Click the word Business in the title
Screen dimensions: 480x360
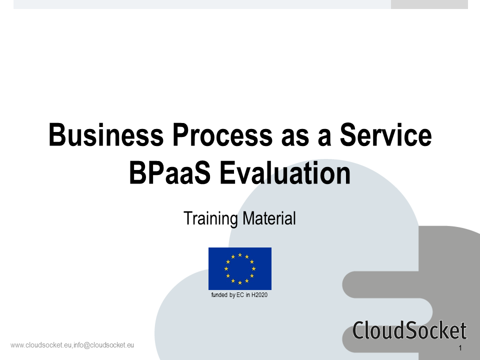106,134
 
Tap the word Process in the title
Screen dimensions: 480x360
222,134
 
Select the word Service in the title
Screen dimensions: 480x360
385,134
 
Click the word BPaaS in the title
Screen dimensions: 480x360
170,173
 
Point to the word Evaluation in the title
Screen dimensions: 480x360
285,173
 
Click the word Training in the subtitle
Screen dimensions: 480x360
211,218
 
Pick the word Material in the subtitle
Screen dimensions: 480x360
269,218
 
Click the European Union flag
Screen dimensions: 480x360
240,268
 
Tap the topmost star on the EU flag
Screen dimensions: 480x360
240,254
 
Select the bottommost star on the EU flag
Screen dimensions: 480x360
240,282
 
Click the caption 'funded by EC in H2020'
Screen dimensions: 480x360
239,295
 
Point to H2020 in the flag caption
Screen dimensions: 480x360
259,295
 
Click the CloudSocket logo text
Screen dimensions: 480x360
409,330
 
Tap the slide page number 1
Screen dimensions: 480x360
460,348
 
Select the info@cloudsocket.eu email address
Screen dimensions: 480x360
104,345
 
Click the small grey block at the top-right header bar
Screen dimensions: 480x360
429,4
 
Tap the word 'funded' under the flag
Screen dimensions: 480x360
219,295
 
